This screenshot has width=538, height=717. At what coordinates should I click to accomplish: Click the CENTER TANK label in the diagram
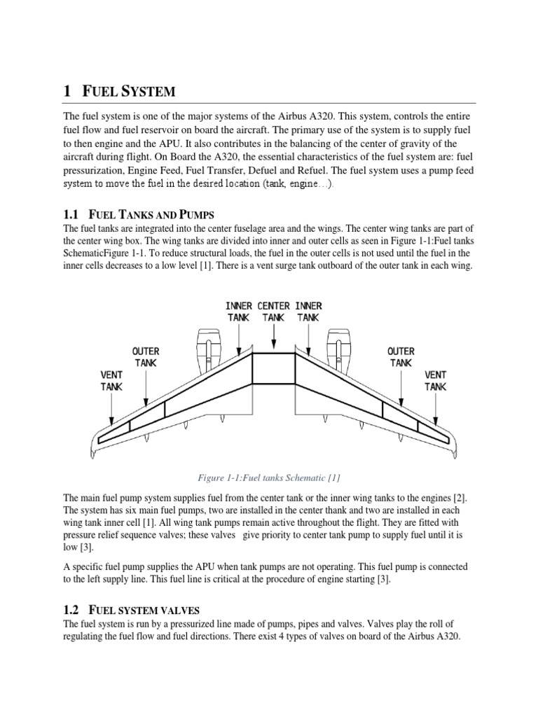click(274, 312)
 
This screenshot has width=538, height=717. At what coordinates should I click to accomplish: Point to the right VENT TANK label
click(436, 380)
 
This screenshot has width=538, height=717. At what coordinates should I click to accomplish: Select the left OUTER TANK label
click(146, 356)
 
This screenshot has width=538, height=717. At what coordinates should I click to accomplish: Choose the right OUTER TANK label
click(401, 356)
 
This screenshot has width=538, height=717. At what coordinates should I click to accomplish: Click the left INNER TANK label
click(239, 312)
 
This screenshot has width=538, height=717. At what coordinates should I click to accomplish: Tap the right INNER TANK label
click(308, 312)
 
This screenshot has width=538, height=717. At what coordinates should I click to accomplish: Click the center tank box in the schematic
click(274, 369)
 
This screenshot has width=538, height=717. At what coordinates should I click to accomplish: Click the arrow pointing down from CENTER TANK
click(274, 337)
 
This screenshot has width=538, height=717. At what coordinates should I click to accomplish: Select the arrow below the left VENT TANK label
click(112, 410)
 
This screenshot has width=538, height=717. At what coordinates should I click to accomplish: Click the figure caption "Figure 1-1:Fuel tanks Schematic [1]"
click(270, 478)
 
